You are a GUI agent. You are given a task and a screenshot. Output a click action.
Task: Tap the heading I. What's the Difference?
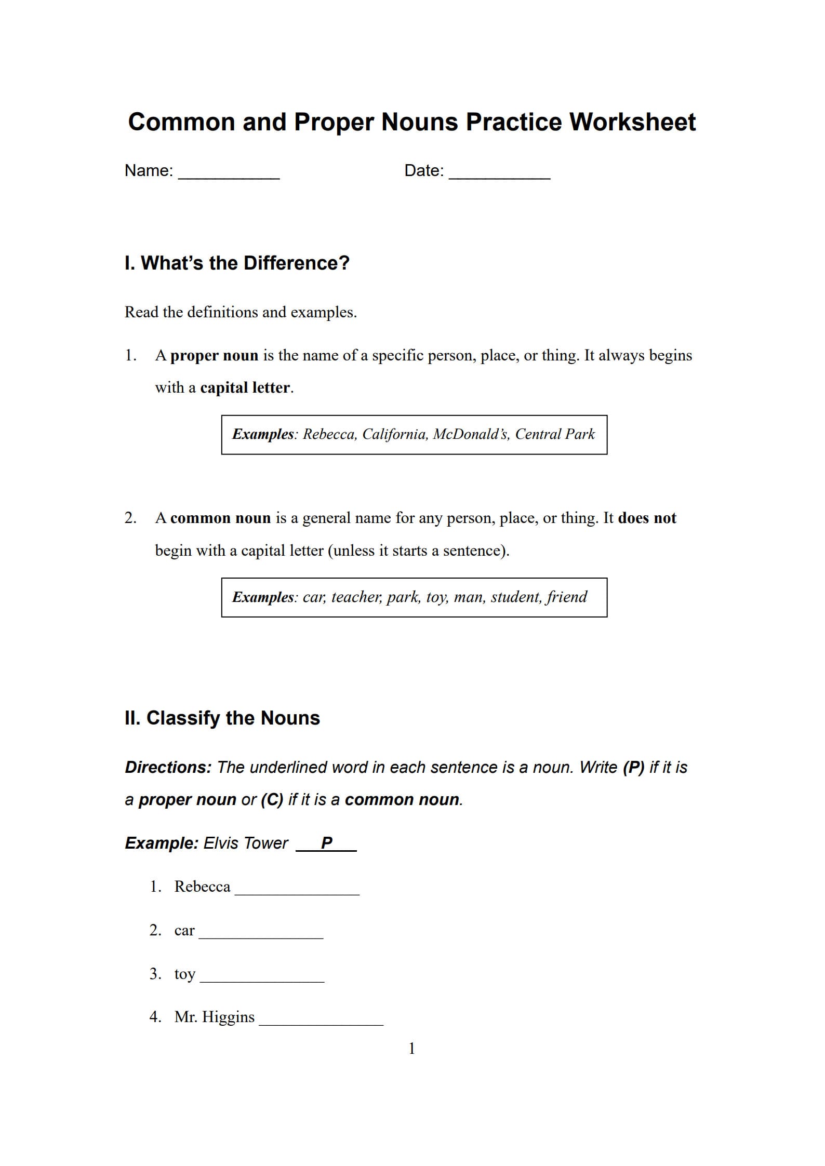click(237, 263)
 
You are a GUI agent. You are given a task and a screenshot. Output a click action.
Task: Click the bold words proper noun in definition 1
click(214, 356)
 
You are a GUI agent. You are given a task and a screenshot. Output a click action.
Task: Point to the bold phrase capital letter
click(245, 388)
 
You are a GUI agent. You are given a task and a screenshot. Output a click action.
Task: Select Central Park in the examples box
click(554, 434)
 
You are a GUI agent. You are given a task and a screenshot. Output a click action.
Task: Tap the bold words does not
click(647, 518)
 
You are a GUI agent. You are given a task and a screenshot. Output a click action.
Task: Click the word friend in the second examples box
click(566, 597)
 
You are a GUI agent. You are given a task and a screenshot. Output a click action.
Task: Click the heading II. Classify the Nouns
click(222, 718)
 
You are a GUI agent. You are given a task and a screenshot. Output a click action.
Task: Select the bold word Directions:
click(168, 768)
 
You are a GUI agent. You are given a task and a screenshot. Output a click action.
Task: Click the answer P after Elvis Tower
click(326, 843)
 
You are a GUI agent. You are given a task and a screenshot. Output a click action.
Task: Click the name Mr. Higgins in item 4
click(215, 1017)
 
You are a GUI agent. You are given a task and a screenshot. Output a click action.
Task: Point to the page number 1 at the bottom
click(411, 1049)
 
